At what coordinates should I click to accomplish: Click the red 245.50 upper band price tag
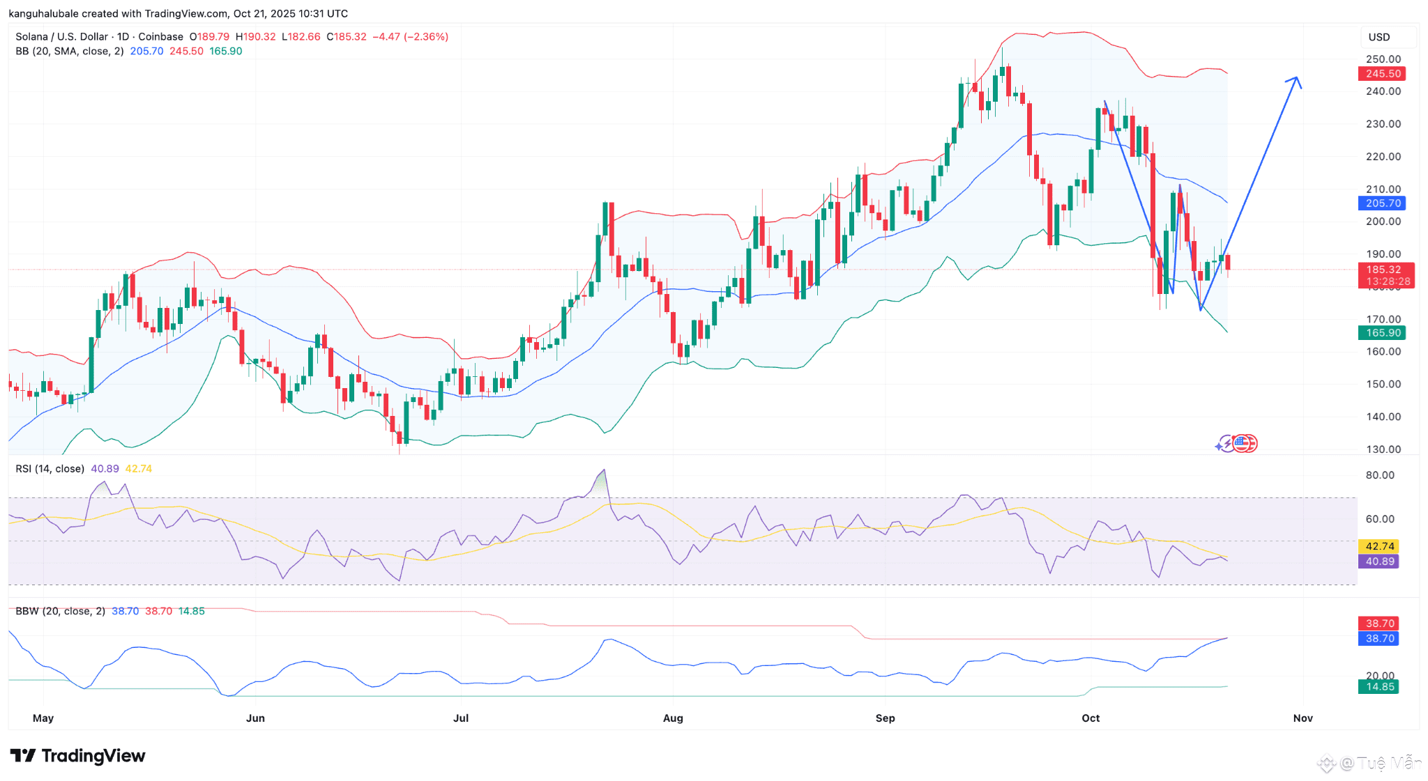[x=1382, y=74]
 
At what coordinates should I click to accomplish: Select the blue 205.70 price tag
[x=1382, y=203]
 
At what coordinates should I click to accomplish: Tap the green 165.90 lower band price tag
[x=1382, y=333]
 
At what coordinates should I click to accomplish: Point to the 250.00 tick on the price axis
[x=1383, y=59]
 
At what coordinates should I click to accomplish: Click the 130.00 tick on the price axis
[x=1383, y=449]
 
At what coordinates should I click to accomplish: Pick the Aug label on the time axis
[x=673, y=718]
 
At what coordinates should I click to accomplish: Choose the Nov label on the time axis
[x=1302, y=718]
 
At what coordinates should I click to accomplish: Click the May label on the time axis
[x=43, y=718]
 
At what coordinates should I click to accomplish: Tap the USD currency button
[x=1379, y=37]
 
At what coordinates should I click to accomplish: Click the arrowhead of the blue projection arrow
[x=1295, y=79]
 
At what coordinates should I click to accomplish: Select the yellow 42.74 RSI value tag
[x=1379, y=546]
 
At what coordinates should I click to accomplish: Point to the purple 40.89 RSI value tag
[x=1379, y=562]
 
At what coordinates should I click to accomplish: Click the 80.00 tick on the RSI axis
[x=1380, y=475]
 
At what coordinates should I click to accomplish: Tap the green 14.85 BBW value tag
[x=1379, y=687]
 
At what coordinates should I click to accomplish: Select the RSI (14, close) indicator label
[x=50, y=469]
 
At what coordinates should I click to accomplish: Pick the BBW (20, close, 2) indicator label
[x=61, y=611]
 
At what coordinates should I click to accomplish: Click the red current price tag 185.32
[x=1383, y=270]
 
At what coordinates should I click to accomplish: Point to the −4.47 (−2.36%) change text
[x=410, y=37]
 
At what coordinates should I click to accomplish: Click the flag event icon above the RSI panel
[x=1245, y=443]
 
